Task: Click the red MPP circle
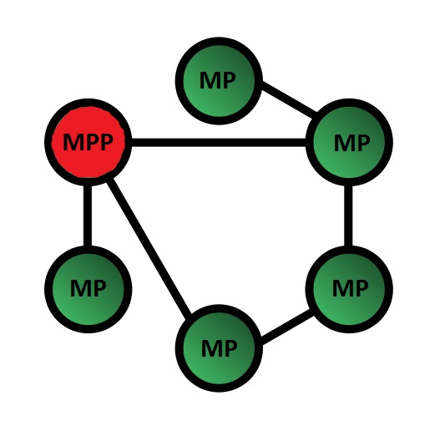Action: pos(89,142)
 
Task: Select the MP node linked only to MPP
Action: pos(89,289)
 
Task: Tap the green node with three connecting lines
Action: pos(349,142)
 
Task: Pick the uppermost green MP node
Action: pos(219,81)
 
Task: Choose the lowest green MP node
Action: pos(219,348)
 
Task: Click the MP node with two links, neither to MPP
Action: pos(349,289)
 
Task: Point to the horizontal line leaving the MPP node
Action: pos(219,142)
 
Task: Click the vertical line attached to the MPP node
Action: pos(88,216)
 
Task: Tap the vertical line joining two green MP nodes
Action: pos(348,216)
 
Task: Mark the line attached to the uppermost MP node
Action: pos(289,99)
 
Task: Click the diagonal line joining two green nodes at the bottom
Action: pos(286,327)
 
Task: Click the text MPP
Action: pos(88,142)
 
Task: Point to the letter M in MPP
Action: pos(72,142)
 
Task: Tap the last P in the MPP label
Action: pos(105,142)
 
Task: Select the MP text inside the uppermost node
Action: pos(218,81)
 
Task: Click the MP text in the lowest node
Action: pos(219,348)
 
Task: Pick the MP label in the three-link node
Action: pos(351,143)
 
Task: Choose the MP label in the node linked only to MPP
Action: pos(89,288)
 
